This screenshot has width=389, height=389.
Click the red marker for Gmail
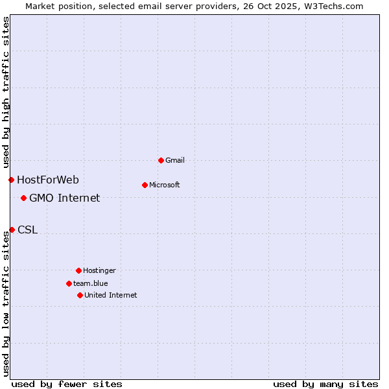[x=161, y=160]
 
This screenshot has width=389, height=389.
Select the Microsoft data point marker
[x=145, y=185]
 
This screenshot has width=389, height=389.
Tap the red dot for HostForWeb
[x=11, y=180]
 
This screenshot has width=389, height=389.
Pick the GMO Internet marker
[x=23, y=198]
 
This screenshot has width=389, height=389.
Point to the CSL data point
[x=12, y=230]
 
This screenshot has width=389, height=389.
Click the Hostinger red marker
[x=78, y=270]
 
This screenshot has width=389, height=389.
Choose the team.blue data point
[x=69, y=283]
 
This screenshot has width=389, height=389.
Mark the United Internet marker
[x=80, y=295]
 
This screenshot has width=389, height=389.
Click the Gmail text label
[x=175, y=160]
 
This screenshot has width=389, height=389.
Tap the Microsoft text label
[x=165, y=185]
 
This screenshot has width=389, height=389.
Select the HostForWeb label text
[x=48, y=180]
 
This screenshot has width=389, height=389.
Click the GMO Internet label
[x=65, y=198]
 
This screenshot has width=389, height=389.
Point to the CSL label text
[x=28, y=230]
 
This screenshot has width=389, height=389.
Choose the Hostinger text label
[x=99, y=270]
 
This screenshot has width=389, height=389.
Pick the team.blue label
[x=91, y=283]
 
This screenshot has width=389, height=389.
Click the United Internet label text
[x=111, y=295]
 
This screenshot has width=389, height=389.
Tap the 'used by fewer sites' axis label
[x=67, y=384]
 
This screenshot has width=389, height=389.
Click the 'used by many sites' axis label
[x=325, y=384]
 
